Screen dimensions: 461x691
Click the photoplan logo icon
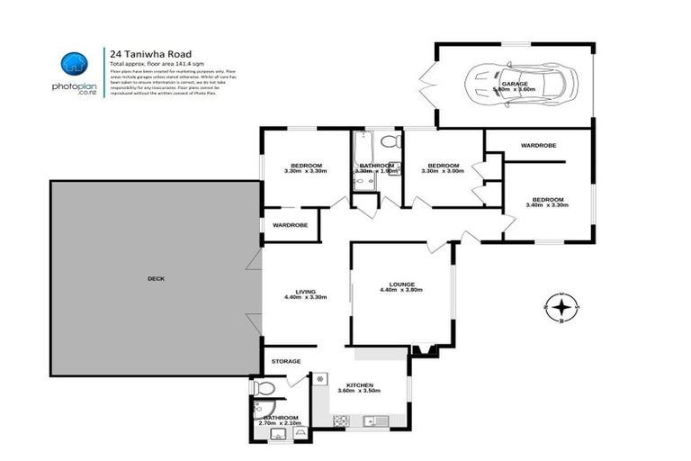(75, 64)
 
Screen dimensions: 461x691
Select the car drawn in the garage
(516, 86)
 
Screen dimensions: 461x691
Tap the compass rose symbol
(561, 308)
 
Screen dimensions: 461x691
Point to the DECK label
(156, 278)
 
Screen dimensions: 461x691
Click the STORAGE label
(286, 361)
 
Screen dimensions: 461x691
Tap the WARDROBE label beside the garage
(538, 145)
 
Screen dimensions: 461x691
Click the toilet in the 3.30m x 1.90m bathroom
(390, 142)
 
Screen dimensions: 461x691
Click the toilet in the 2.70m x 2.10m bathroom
(262, 389)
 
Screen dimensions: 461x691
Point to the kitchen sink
(372, 420)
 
